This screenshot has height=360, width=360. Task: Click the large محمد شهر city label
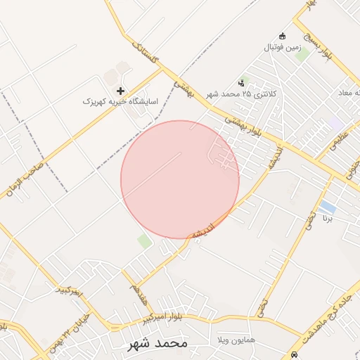pyautogui.click(x=158, y=344)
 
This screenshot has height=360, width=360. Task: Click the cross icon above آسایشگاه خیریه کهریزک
pyautogui.click(x=121, y=91)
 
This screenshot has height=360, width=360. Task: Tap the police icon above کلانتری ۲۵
pyautogui.click(x=242, y=83)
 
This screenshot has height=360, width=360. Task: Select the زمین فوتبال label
pyautogui.click(x=282, y=48)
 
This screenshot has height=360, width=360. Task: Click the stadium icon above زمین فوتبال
pyautogui.click(x=283, y=37)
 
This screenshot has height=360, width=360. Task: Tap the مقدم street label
pyautogui.click(x=139, y=294)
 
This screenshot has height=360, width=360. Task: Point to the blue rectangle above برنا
pyautogui.click(x=327, y=206)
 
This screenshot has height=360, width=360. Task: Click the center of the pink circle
pyautogui.click(x=180, y=179)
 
